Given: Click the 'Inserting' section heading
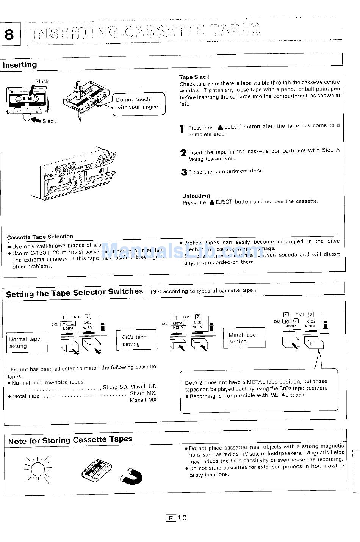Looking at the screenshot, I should click(20, 65).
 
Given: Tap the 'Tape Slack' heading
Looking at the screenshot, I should click(194, 77).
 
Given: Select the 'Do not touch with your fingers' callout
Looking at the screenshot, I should click(138, 103).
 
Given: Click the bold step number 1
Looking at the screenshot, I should click(182, 129).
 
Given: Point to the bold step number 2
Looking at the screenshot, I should click(183, 153).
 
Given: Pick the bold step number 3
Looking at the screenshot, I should click(184, 172).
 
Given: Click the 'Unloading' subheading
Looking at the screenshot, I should click(196, 196).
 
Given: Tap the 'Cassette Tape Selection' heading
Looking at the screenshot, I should click(40, 237).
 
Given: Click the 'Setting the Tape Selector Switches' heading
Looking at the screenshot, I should click(75, 292).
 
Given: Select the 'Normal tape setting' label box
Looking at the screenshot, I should click(26, 343).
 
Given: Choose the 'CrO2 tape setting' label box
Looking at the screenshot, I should click(136, 340).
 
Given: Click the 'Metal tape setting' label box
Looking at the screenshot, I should click(244, 338).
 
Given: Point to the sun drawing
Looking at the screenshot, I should click(38, 469).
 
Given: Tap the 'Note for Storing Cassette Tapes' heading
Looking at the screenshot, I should click(70, 440).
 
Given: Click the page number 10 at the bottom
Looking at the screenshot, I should click(182, 518).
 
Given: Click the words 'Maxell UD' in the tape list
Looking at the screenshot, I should click(143, 387).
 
